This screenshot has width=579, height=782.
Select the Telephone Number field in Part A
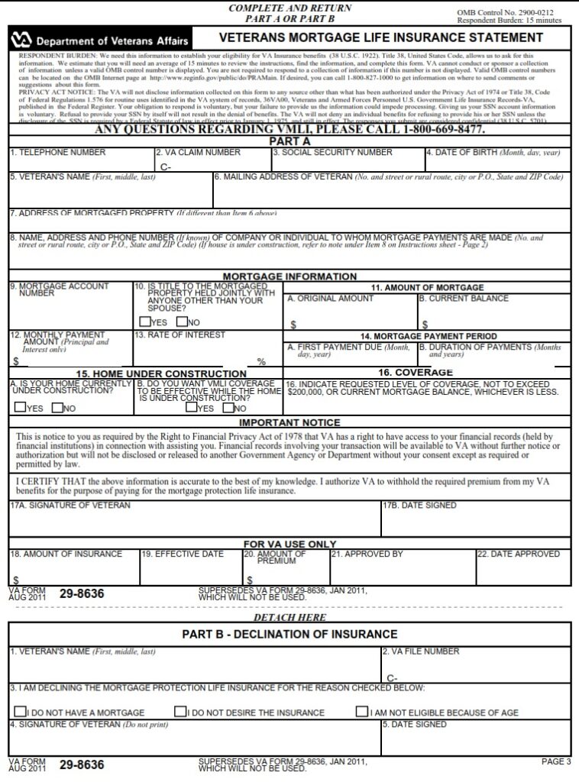click(81, 161)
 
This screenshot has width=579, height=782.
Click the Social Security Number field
click(348, 161)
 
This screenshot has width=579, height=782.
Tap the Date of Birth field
click(497, 161)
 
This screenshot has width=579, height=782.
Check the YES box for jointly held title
click(144, 322)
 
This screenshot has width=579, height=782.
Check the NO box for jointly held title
click(182, 322)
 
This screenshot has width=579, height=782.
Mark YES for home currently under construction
click(21, 408)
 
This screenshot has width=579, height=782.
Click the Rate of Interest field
click(207, 351)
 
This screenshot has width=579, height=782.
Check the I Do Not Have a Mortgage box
click(21, 712)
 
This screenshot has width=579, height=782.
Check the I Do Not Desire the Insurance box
click(180, 712)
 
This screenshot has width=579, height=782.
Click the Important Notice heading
click(289, 422)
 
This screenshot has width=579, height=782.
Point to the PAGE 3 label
click(555, 761)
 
